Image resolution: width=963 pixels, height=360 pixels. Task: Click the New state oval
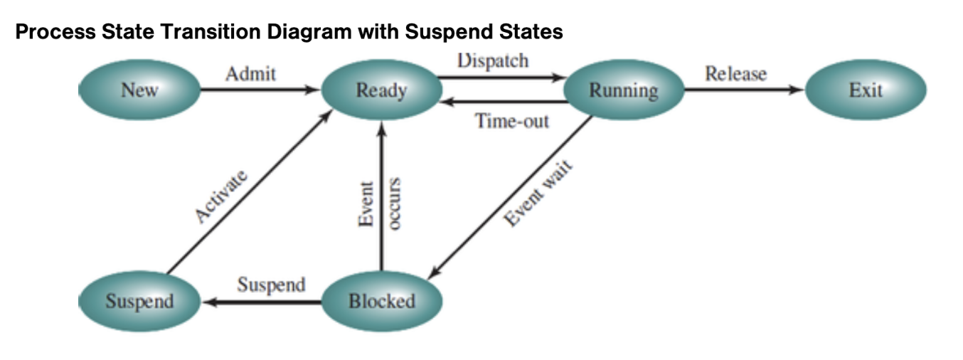139,90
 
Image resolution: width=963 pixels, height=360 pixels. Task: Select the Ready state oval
381,90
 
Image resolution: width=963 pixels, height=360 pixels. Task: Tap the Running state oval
623,90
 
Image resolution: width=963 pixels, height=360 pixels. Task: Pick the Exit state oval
865,90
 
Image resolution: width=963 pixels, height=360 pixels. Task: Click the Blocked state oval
381,301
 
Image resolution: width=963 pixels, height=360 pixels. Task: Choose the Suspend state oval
139,301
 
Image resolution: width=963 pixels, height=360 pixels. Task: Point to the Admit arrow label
250,73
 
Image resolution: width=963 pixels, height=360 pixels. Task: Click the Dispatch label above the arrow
493,60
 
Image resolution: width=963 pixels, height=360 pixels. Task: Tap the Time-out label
512,121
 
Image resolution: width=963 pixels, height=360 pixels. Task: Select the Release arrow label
735,73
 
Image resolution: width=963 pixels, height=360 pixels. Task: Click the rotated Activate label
222,197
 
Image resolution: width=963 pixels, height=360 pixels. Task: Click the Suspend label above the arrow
271,285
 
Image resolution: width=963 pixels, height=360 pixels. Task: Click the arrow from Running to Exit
743,90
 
